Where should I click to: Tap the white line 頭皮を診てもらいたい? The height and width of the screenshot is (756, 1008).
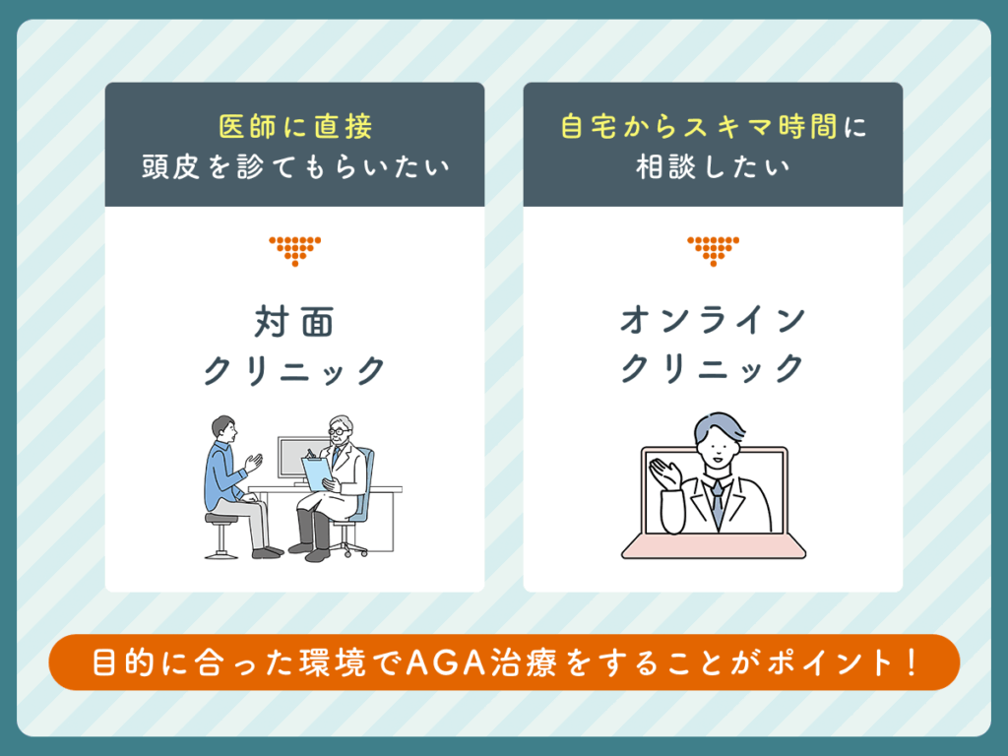pos(294,166)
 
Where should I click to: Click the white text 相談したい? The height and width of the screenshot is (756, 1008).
pos(713,166)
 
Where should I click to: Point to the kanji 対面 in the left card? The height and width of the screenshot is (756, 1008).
pos(294,322)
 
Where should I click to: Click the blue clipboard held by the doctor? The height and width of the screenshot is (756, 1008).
pos(317,473)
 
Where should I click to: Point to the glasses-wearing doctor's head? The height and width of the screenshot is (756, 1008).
pos(340,429)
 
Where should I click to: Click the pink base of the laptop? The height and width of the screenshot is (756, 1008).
pos(714,546)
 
